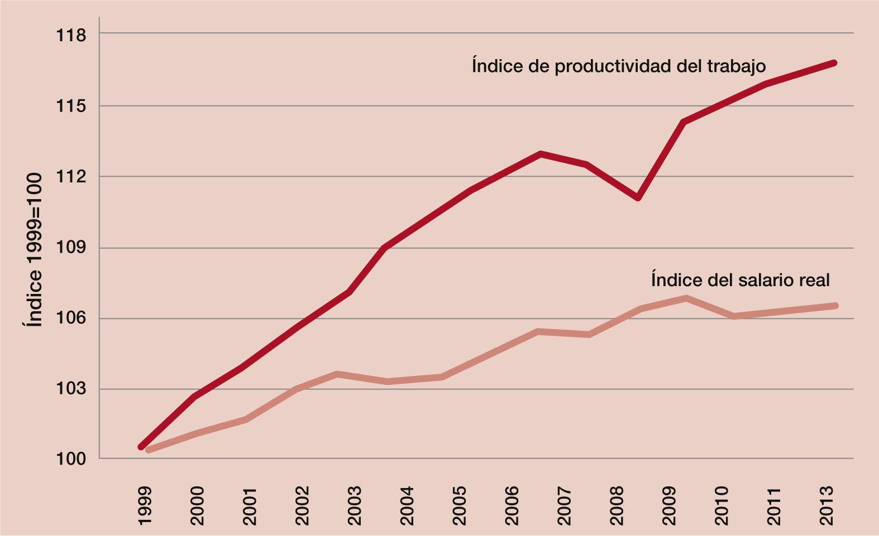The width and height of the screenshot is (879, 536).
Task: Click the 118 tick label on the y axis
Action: [x=71, y=36]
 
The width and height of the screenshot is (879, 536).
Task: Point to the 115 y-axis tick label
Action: [x=71, y=106]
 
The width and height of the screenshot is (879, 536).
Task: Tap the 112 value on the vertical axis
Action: [x=71, y=177]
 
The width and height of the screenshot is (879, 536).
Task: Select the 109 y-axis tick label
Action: [x=71, y=248]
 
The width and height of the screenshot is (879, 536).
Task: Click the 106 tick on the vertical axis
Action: [x=71, y=318]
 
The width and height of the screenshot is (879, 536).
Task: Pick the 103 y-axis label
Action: [x=71, y=389]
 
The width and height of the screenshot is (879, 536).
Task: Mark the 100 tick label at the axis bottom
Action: [x=71, y=459]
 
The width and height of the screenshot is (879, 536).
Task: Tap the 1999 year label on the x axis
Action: [x=144, y=505]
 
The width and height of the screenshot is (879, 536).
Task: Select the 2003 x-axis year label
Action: [x=354, y=505]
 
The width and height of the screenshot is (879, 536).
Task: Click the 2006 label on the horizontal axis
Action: [x=512, y=505]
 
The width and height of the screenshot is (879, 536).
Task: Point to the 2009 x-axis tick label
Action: [x=669, y=505]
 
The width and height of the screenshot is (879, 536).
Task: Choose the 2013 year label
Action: [x=827, y=505]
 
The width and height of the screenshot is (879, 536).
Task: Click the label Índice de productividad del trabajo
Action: [x=619, y=66]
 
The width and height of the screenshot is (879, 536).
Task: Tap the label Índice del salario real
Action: [x=740, y=279]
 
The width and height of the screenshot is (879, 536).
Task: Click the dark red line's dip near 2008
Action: [x=638, y=198]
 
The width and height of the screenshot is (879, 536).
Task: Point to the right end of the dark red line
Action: [x=834, y=63]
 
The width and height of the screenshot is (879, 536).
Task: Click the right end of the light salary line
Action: [x=835, y=306]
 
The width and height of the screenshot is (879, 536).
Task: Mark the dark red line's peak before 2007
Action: [x=540, y=153]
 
